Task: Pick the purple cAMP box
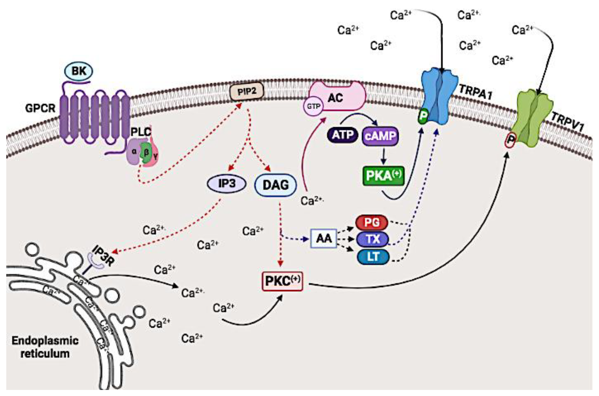[x=380, y=136]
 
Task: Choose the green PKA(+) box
[x=383, y=176]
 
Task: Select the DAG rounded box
[x=275, y=185]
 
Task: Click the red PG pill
[x=372, y=222]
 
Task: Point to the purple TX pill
[x=372, y=239]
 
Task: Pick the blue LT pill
[x=373, y=257]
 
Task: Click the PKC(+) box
[x=282, y=281]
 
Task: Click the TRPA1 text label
[x=475, y=92]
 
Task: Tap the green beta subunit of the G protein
[x=146, y=152]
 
